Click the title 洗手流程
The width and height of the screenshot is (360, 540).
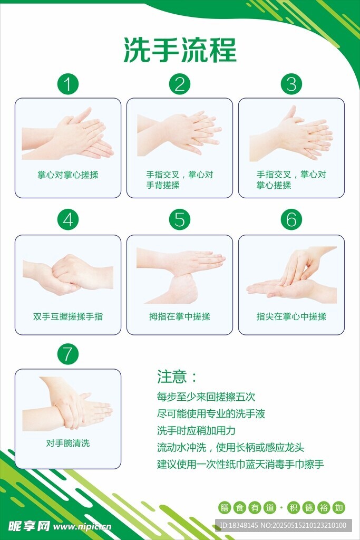pos(180,50)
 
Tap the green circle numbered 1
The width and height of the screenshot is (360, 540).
pos(68,84)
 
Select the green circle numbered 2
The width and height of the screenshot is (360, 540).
pos(180,84)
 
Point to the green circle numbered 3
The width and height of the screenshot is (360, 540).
pos(291,84)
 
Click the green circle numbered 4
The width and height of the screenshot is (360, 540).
pos(68,220)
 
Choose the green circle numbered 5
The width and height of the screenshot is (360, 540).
pos(180,220)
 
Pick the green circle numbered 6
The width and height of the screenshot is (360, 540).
pos(291,220)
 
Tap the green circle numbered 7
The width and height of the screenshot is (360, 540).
pos(68,354)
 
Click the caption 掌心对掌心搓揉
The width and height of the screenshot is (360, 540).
pos(68,175)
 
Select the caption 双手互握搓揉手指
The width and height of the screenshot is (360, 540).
pos(68,316)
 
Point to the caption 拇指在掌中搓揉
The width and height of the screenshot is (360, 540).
pos(180,316)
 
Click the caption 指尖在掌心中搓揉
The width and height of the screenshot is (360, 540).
pos(291,316)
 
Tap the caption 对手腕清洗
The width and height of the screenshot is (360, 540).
pos(68,443)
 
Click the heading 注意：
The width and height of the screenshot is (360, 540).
pos(177,377)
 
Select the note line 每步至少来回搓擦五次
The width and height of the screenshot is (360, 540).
pos(206,397)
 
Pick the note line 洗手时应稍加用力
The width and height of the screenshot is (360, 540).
pos(196,430)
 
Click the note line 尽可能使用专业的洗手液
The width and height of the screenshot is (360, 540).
pos(211,413)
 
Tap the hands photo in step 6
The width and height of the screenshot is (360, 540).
pos(291,273)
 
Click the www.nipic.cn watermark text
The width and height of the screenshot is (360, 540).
pos(82,527)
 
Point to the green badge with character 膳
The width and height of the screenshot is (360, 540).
pos(225,508)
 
